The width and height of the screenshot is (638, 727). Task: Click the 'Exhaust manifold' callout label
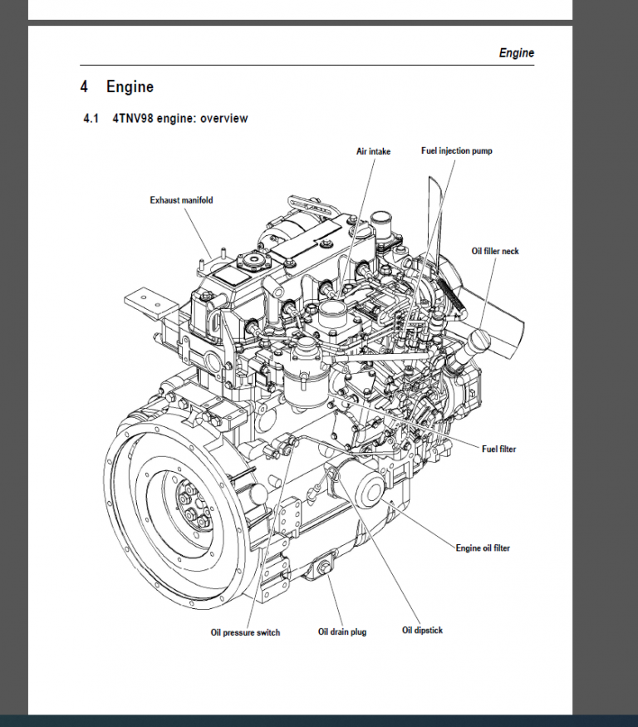(x=181, y=200)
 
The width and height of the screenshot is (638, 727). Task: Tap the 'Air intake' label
(x=373, y=151)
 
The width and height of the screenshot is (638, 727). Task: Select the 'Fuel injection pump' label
(x=456, y=151)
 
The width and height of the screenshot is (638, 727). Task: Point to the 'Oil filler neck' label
(x=495, y=251)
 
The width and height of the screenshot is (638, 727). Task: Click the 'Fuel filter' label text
(x=498, y=449)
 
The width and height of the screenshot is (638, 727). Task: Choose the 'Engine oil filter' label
(x=483, y=548)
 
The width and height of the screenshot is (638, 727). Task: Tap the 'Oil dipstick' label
(x=422, y=631)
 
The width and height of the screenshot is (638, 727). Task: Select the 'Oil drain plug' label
(x=342, y=632)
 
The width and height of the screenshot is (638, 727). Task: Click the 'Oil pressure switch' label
(x=245, y=633)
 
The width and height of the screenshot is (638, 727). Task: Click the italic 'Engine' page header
(x=516, y=53)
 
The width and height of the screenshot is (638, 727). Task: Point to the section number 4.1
(x=91, y=119)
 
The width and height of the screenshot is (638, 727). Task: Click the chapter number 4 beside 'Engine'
(x=84, y=86)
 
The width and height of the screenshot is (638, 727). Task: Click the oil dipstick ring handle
(x=330, y=474)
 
